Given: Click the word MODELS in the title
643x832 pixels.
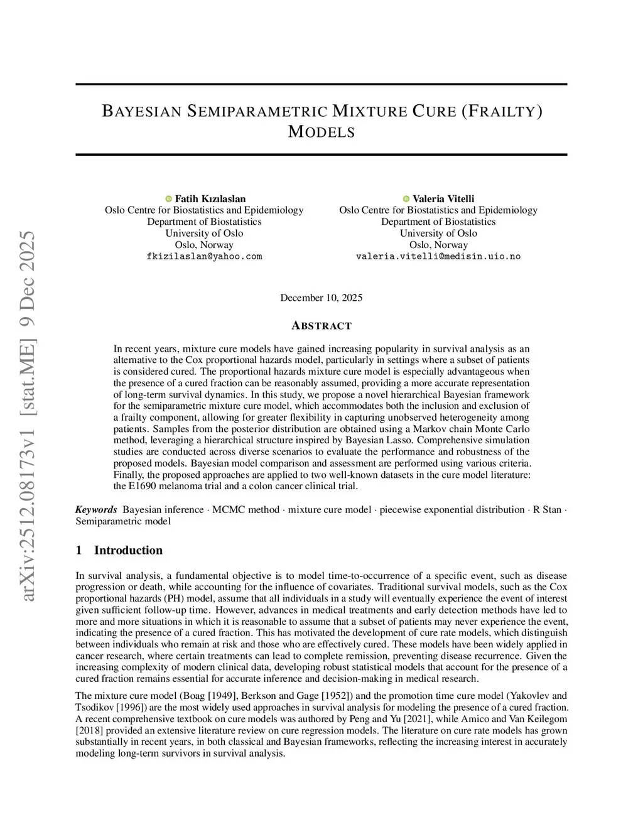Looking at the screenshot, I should (321, 132).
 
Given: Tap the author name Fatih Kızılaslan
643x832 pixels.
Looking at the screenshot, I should (210, 199).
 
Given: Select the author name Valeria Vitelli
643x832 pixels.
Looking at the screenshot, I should (443, 199).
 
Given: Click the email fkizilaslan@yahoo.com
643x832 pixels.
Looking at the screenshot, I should (204, 256).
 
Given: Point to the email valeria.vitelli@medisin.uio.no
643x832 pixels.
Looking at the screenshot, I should (438, 256).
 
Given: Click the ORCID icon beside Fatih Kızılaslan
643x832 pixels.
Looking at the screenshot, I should (168, 199).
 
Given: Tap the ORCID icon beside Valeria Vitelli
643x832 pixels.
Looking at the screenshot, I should (406, 199).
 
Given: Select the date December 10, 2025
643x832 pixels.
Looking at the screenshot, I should (321, 298).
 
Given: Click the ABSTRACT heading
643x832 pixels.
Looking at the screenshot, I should (321, 326).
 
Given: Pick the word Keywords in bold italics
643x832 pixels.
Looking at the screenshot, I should (96, 509).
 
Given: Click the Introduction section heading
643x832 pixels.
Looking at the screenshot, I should (128, 551).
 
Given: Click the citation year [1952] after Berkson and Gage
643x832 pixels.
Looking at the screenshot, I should (337, 696).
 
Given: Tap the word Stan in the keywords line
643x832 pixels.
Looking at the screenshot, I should (552, 509).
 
